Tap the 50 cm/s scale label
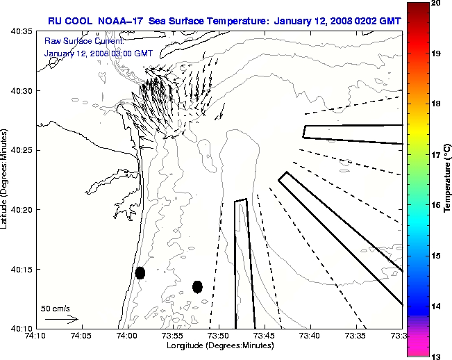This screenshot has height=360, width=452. tap(56, 308)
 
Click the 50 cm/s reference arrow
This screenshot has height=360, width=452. tap(61, 319)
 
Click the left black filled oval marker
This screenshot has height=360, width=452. tap(140, 272)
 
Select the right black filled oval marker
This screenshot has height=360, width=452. tap(197, 286)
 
